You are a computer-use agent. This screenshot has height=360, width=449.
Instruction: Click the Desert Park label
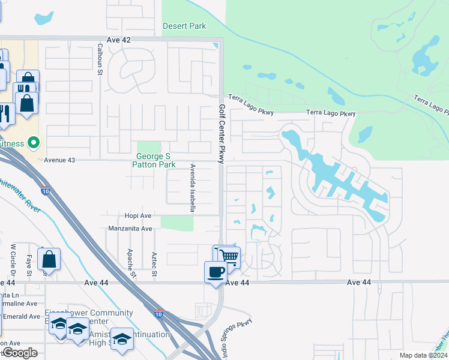coord(184,26)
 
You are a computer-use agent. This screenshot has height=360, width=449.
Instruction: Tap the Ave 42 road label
coord(119,39)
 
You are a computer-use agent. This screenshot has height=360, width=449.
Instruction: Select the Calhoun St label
coord(100,59)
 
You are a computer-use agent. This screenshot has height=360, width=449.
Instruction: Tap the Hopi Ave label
coord(122,215)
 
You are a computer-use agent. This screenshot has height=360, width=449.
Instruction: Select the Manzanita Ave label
coord(130,229)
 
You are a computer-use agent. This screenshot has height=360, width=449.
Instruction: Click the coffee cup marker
coord(216,272)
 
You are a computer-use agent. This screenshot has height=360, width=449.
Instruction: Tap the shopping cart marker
coord(229,257)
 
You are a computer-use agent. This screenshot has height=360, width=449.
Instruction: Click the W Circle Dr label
coord(13,257)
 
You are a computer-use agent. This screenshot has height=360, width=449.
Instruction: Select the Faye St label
coord(28,262)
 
